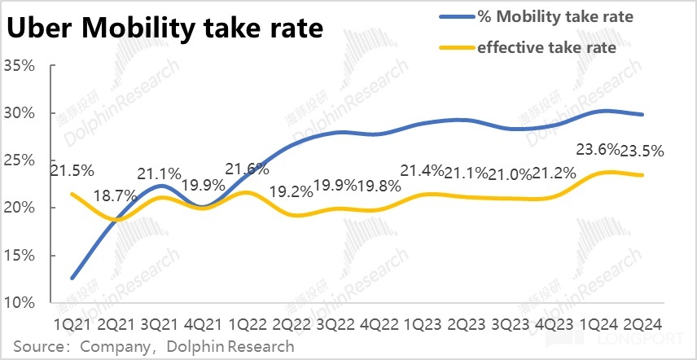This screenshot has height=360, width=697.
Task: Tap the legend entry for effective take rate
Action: tap(546, 47)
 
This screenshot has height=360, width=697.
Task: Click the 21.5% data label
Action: tap(72, 172)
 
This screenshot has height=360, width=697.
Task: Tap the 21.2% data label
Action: tap(555, 173)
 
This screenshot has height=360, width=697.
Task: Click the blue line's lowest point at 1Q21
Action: tap(72, 279)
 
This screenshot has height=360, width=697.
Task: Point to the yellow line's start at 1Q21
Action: tap(72, 194)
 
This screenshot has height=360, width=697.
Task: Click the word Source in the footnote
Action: tap(36, 346)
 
